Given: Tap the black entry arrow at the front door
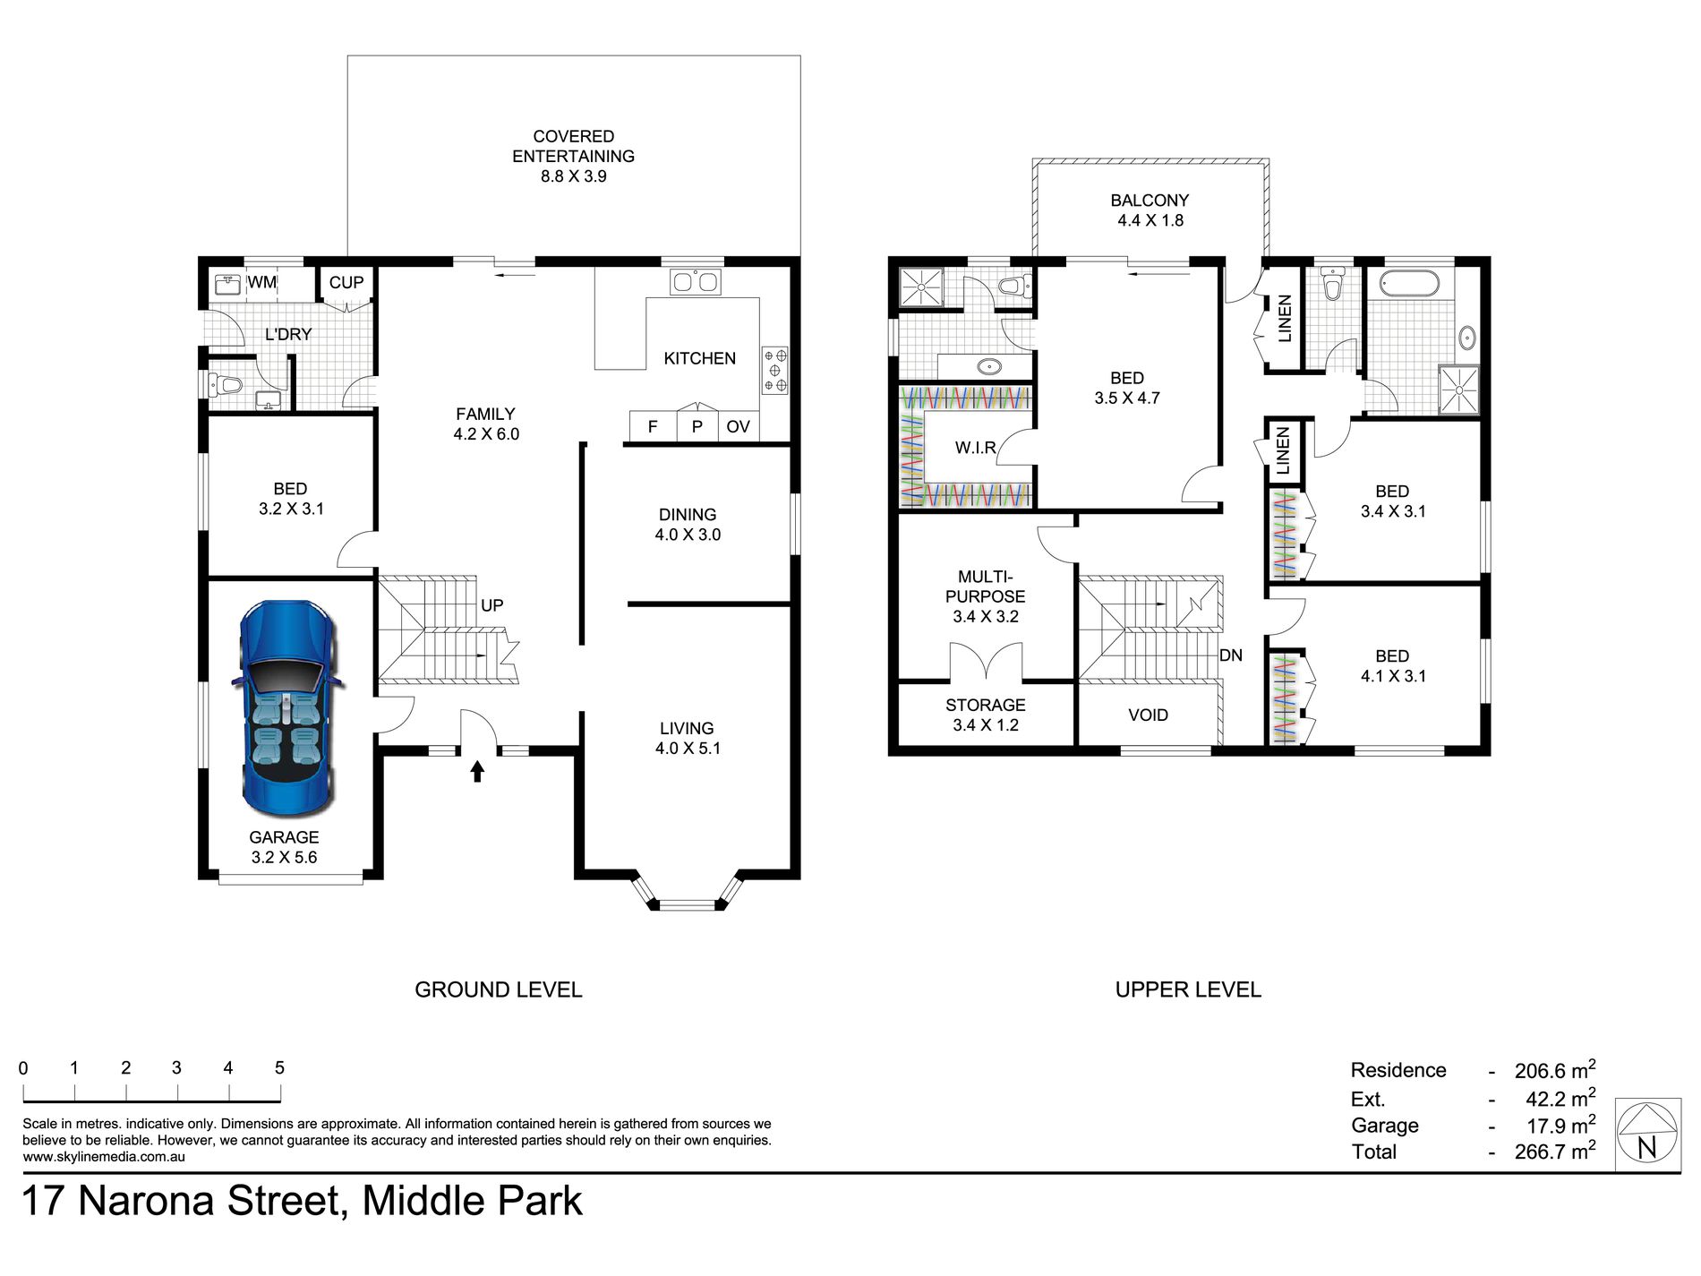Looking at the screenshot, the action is pyautogui.click(x=477, y=770).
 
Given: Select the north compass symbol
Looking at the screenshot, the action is pyautogui.click(x=1647, y=1135).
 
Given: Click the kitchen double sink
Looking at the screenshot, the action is pyautogui.click(x=696, y=282).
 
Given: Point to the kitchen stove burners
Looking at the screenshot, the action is pyautogui.click(x=775, y=371).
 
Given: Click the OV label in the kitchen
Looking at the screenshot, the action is pyautogui.click(x=738, y=427).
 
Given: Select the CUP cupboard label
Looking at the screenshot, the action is pyautogui.click(x=346, y=282).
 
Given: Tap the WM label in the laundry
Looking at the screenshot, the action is pyautogui.click(x=261, y=282).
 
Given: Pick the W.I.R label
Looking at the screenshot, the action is pyautogui.click(x=975, y=448).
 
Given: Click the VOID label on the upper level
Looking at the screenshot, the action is pyautogui.click(x=1148, y=715).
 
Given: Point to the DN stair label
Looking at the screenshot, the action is pyautogui.click(x=1231, y=655).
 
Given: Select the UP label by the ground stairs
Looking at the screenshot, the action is pyautogui.click(x=491, y=605).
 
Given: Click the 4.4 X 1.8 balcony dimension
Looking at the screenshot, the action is pyautogui.click(x=1150, y=220).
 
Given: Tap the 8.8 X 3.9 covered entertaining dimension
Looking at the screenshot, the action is pyautogui.click(x=574, y=176).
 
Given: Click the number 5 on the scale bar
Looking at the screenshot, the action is pyautogui.click(x=279, y=1067).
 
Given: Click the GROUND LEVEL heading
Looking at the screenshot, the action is pyautogui.click(x=499, y=989).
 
